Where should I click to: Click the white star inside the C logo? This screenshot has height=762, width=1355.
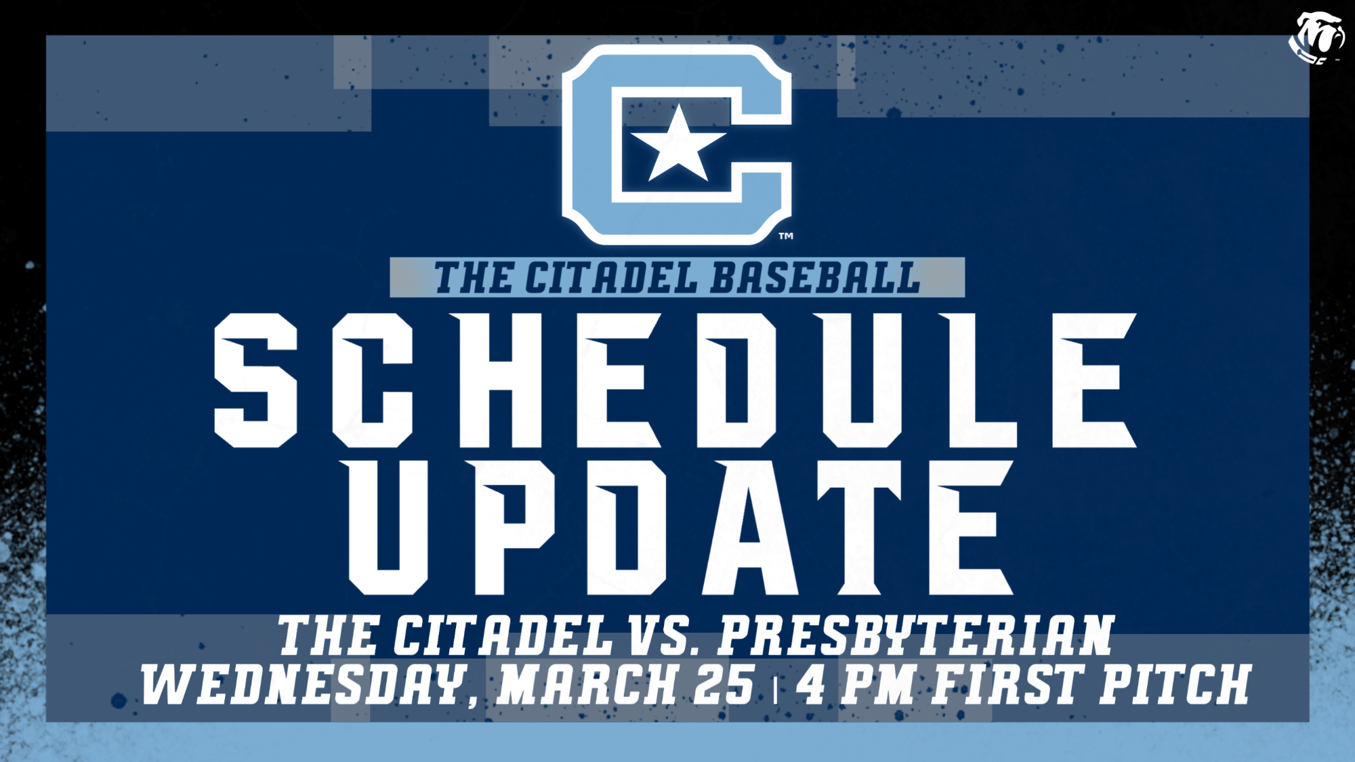pyautogui.click(x=678, y=145)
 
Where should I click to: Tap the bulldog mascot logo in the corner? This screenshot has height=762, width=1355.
pyautogui.click(x=1316, y=37)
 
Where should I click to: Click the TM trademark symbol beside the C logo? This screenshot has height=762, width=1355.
pyautogui.click(x=786, y=236)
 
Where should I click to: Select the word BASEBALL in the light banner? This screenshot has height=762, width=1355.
pyautogui.click(x=816, y=278)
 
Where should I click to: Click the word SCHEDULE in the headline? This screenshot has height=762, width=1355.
pyautogui.click(x=675, y=380)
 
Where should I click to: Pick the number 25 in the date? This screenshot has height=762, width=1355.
pyautogui.click(x=724, y=684)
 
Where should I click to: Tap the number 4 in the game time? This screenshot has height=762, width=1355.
pyautogui.click(x=811, y=684)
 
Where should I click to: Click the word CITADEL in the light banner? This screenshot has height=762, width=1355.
pyautogui.click(x=611, y=278)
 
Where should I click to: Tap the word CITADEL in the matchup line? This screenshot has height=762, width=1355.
pyautogui.click(x=502, y=635)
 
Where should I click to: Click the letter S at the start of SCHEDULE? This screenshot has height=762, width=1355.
pyautogui.click(x=256, y=380)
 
